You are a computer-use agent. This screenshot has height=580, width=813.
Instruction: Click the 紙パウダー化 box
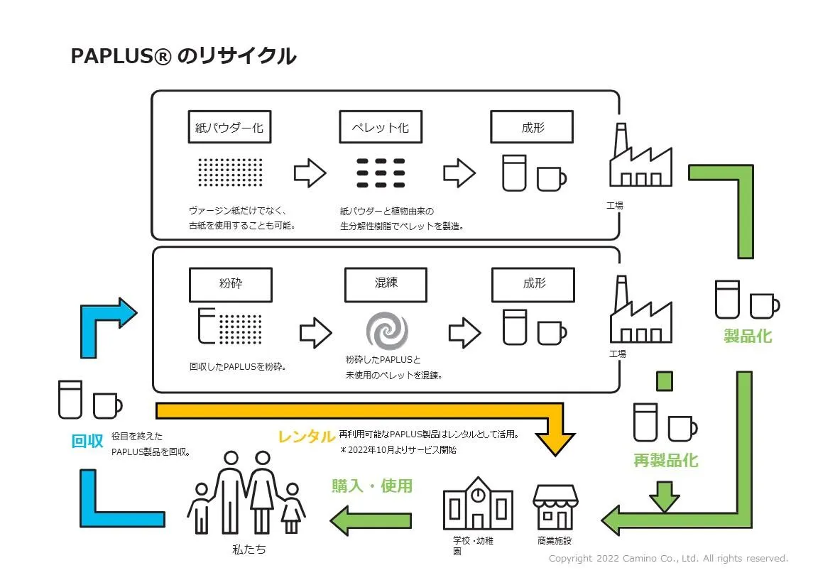click(229, 128)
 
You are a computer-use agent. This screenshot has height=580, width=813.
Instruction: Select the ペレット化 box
click(381, 128)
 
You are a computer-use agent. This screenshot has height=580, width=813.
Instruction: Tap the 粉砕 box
click(231, 284)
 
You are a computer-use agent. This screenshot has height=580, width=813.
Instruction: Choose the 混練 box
click(386, 284)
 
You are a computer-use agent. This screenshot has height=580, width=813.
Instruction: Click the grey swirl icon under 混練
click(387, 332)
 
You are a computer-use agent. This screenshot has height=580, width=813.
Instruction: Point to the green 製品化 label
click(748, 336)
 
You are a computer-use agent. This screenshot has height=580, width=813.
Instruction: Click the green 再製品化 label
click(665, 461)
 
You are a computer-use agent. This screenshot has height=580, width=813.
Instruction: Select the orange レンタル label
click(306, 437)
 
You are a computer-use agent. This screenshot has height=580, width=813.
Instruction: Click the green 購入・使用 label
click(372, 486)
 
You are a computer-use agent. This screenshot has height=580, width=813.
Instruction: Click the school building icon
click(479, 505)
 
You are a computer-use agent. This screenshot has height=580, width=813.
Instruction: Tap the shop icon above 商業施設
click(555, 507)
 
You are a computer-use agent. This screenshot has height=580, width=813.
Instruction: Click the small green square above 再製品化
click(664, 381)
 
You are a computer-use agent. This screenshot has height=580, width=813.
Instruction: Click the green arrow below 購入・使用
click(371, 521)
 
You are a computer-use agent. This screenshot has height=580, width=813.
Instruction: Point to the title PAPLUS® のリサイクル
click(183, 56)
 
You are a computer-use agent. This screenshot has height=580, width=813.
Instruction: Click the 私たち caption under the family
click(249, 549)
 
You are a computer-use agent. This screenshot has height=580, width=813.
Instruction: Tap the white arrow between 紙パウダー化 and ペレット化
click(310, 173)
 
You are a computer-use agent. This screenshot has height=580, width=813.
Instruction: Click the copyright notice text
click(668, 559)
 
